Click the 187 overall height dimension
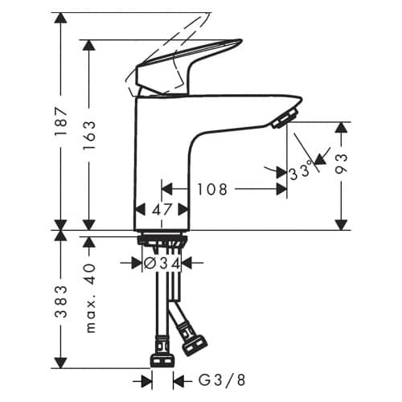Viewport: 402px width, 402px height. click(60, 121)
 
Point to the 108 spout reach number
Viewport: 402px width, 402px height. click(212, 189)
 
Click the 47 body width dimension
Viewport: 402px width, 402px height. click(162, 209)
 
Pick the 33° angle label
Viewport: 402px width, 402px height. click(301, 170)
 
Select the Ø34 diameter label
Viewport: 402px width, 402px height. click(162, 264)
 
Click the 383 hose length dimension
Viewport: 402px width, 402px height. click(61, 301)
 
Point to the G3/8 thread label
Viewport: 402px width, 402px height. click(222, 380)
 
